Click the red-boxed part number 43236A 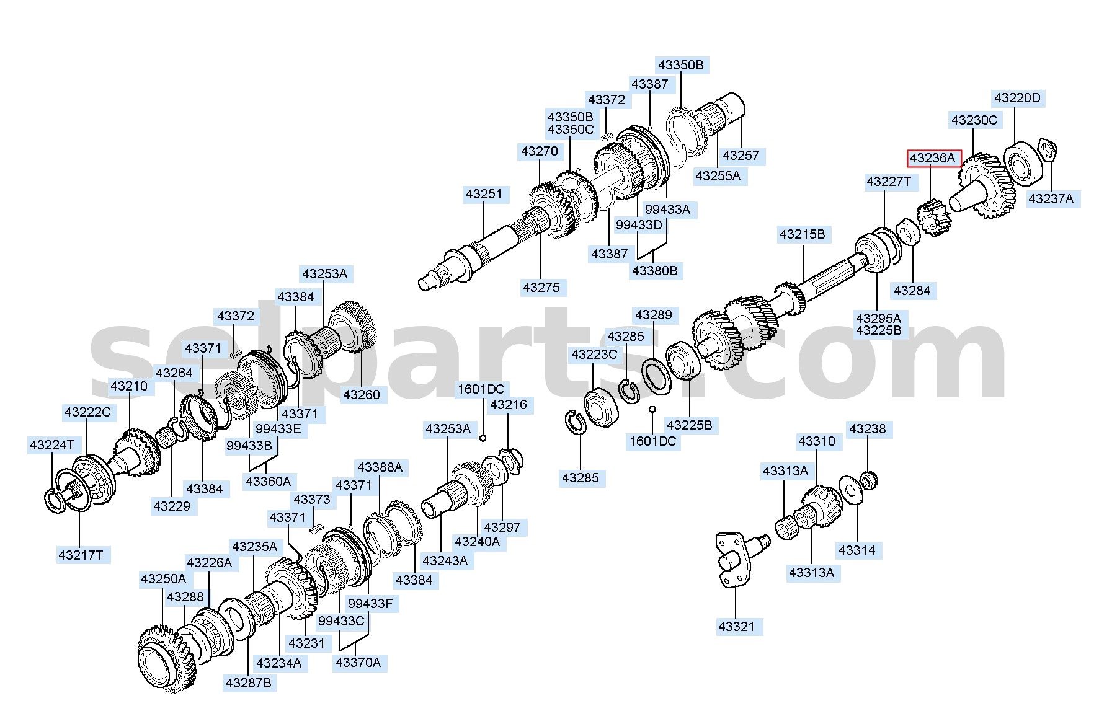933,159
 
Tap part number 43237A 1051,198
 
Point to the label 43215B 803,234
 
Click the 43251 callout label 484,194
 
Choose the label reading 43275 541,287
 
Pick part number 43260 361,394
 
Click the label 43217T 81,555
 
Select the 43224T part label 52,444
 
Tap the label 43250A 163,578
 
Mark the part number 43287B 249,682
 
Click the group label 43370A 358,662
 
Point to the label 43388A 380,467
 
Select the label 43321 736,626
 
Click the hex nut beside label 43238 870,479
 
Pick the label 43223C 594,354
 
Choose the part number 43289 654,315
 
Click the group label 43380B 654,270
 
